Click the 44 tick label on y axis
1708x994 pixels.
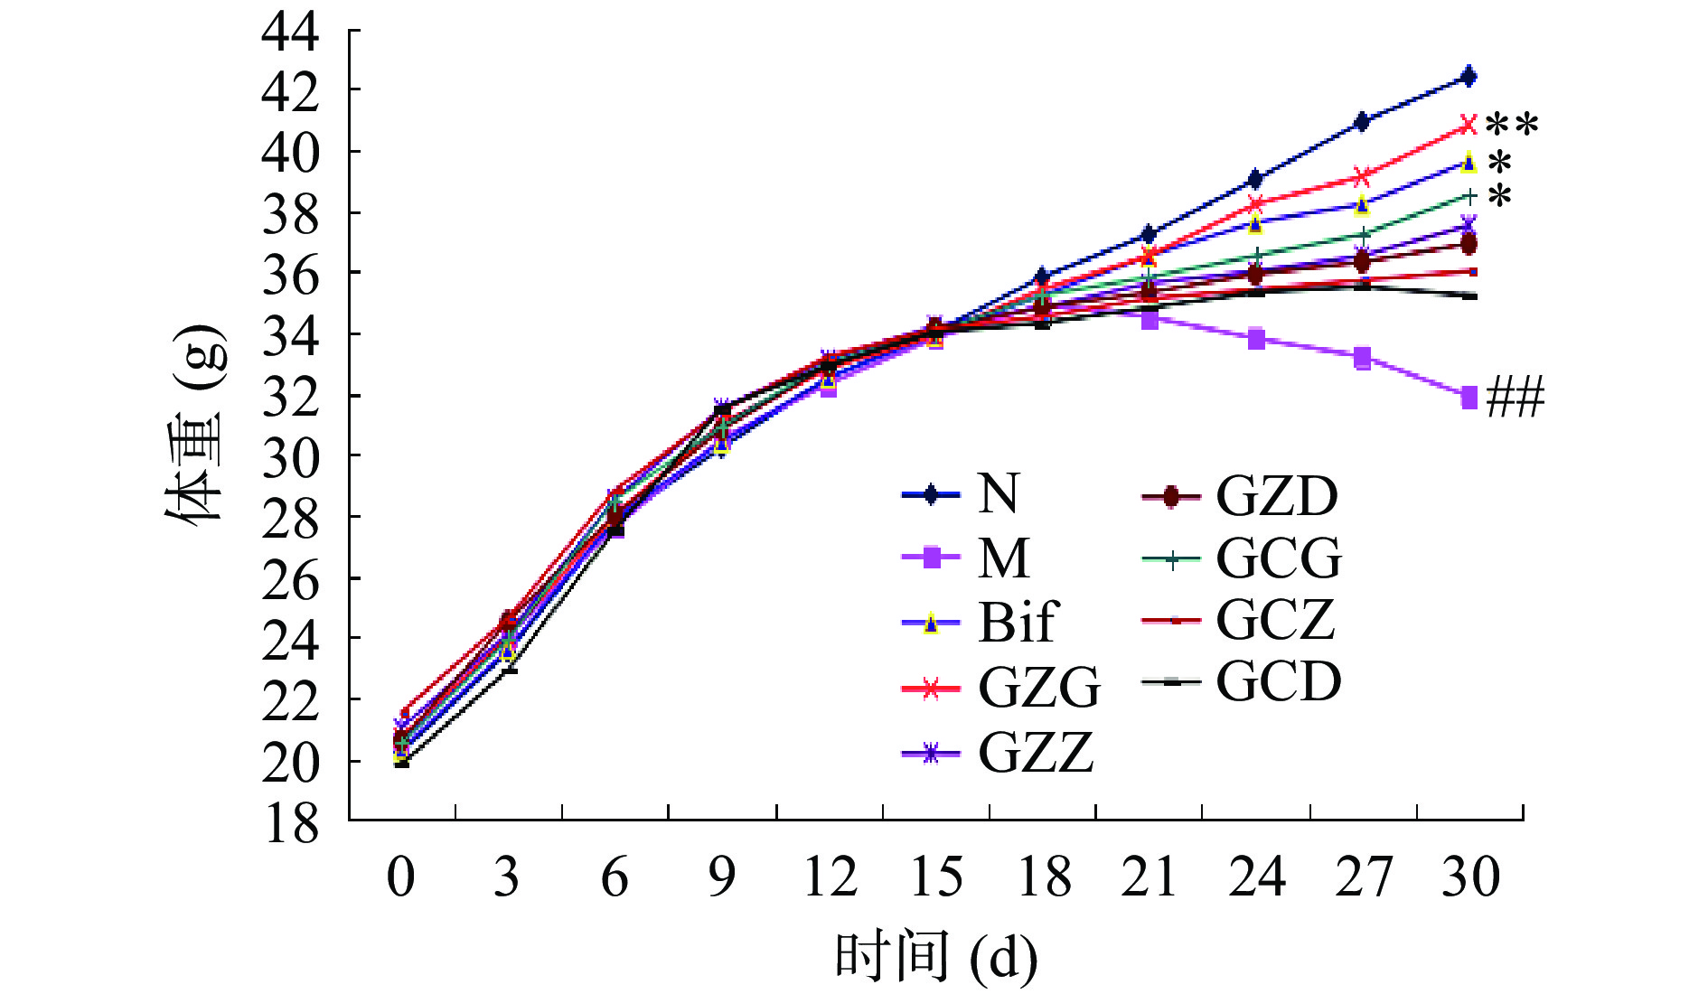pyautogui.click(x=290, y=33)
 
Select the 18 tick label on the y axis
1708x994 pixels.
pyautogui.click(x=290, y=822)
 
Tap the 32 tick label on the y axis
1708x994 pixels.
pyautogui.click(x=290, y=397)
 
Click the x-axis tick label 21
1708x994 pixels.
pyautogui.click(x=1149, y=877)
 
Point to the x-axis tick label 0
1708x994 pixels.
pyautogui.click(x=400, y=877)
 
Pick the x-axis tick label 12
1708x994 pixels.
pyautogui.click(x=829, y=877)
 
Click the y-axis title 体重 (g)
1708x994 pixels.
pyautogui.click(x=193, y=425)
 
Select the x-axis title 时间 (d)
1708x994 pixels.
pyautogui.click(x=935, y=958)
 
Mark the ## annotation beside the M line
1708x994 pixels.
pyautogui.click(x=1515, y=398)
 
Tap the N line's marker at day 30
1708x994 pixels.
pyautogui.click(x=1469, y=77)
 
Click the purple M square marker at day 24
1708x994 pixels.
pyautogui.click(x=1255, y=340)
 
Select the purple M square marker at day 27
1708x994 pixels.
pyautogui.click(x=1362, y=358)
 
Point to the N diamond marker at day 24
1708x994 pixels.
pyautogui.click(x=1255, y=179)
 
